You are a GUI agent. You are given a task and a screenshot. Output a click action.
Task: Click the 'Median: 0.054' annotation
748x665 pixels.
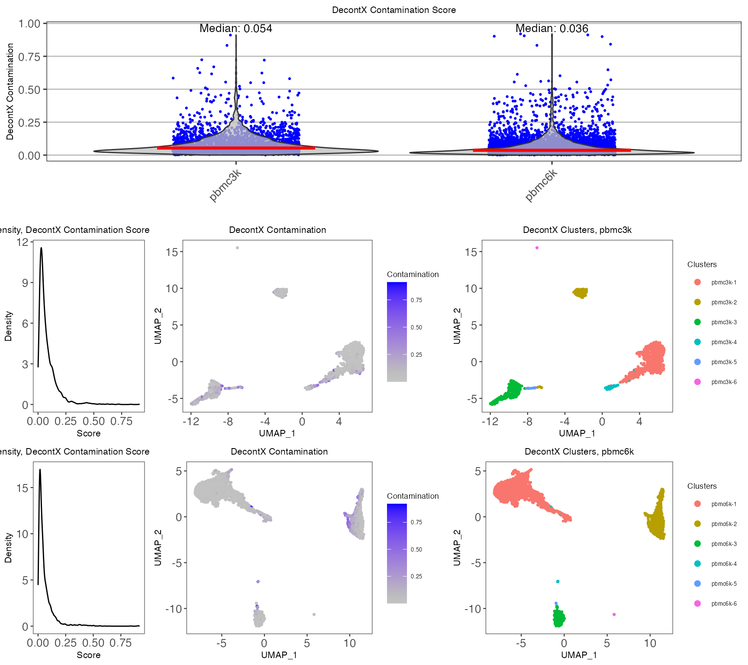[235, 29]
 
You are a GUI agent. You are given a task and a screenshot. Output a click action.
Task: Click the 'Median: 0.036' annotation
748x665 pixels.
[551, 29]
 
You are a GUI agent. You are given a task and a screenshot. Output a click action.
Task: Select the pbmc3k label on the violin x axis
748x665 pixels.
[225, 185]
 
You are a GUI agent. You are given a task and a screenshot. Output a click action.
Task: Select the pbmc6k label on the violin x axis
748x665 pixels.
[541, 185]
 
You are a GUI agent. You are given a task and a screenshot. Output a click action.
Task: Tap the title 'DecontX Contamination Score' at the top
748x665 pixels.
[393, 10]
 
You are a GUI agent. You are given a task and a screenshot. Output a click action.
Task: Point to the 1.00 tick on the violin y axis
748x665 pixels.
[29, 24]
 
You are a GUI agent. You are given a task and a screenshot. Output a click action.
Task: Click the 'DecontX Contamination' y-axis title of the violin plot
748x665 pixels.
[10, 91]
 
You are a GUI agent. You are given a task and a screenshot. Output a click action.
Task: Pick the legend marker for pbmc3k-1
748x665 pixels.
[697, 282]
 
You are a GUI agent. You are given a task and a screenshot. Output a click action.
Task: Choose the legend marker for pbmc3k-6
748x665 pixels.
[697, 382]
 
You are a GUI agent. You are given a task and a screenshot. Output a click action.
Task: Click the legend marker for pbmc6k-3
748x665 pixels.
[697, 544]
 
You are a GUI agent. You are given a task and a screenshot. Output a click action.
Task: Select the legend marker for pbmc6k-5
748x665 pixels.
[697, 584]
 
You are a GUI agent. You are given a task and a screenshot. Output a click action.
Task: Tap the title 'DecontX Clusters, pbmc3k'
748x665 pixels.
[577, 230]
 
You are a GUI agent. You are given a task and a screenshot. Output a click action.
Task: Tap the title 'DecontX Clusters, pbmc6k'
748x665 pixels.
[579, 452]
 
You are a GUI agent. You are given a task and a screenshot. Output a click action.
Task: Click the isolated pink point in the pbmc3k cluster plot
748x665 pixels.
[537, 248]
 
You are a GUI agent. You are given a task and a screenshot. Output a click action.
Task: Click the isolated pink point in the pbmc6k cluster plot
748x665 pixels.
[614, 614]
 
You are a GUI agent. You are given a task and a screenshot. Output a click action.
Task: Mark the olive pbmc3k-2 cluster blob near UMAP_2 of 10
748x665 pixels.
[580, 293]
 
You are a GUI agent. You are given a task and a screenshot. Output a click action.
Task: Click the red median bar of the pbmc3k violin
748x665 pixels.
[236, 148]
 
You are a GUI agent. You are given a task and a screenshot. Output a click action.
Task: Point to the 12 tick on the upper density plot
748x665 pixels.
[23, 242]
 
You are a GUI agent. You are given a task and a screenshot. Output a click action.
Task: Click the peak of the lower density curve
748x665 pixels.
[40, 470]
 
